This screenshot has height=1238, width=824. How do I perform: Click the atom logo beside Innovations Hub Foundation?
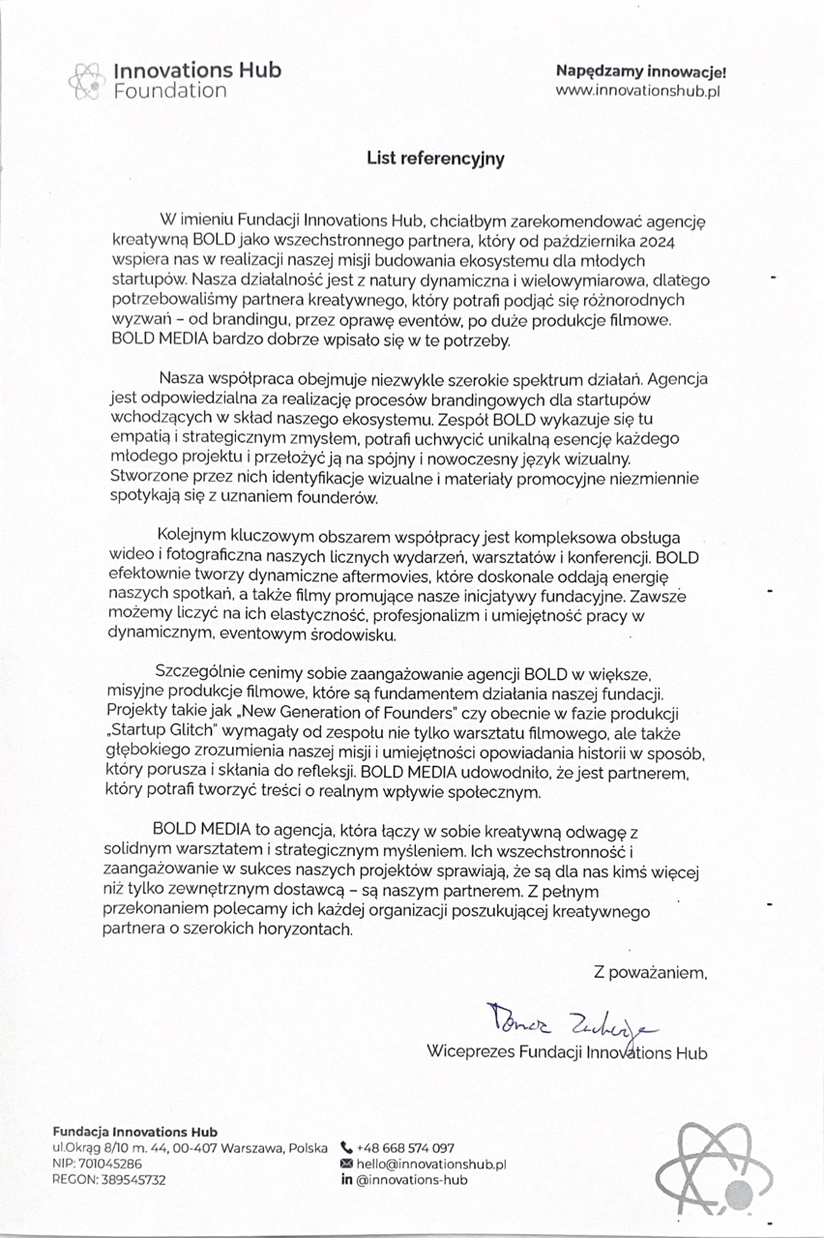click(86, 80)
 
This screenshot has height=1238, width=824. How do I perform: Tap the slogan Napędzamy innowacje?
click(639, 71)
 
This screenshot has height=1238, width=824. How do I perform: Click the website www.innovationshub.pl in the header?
click(639, 91)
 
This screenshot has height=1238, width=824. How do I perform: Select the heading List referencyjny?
click(435, 159)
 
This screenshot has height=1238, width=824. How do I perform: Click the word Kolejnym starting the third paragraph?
click(196, 538)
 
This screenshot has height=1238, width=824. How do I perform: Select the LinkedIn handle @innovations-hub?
click(412, 1181)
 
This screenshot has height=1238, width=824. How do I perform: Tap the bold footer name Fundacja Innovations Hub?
click(135, 1132)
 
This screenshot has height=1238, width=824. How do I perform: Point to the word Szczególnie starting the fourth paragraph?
click(199, 673)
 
